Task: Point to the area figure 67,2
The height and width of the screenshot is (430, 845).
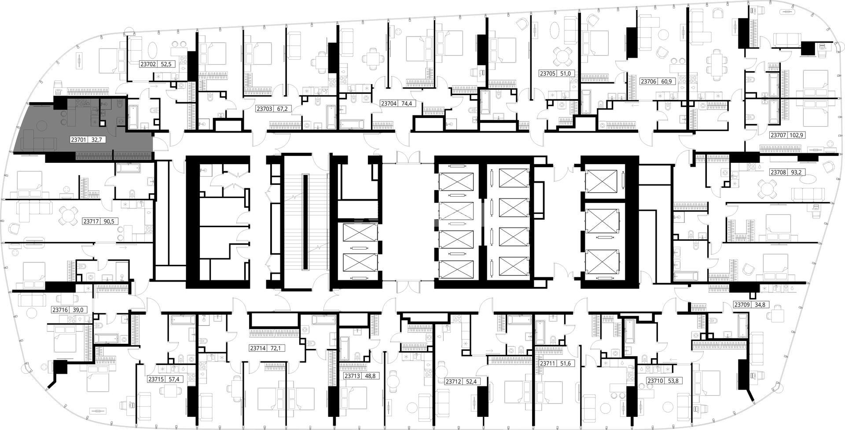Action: [282, 108]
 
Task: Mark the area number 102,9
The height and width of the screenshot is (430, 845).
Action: [797, 136]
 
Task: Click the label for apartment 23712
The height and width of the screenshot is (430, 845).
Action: [453, 382]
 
